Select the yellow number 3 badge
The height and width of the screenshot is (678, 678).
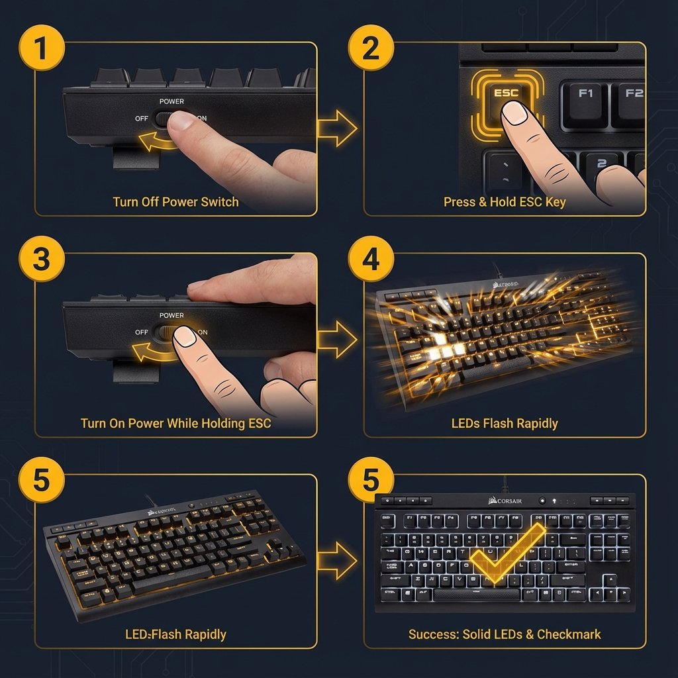(40, 259)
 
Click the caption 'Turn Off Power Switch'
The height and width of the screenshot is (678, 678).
(175, 202)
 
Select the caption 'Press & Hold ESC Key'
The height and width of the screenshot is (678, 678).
(505, 202)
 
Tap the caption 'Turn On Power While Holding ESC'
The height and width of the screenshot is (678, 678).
(175, 423)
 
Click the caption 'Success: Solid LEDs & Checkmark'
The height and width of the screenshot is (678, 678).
(505, 634)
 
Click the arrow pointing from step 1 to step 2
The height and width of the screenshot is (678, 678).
(337, 128)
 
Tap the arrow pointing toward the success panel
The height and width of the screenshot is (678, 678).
(337, 560)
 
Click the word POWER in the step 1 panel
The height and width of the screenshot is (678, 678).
(171, 101)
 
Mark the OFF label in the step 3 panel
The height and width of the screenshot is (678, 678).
(141, 332)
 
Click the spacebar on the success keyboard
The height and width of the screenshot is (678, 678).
(477, 594)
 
